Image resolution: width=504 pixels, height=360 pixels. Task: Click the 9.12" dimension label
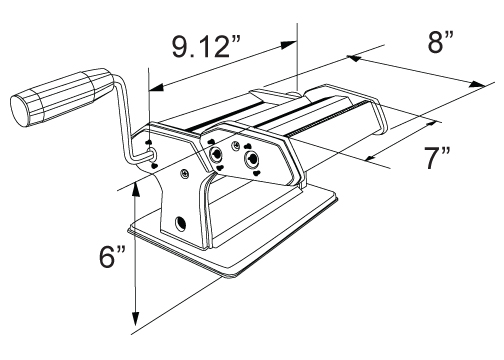(x=206, y=46)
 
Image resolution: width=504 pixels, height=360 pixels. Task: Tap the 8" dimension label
(x=441, y=42)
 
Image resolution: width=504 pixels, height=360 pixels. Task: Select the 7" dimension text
(x=437, y=158)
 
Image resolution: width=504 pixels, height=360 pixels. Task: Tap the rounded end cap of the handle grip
(x=20, y=111)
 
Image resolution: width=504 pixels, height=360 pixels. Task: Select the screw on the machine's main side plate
(x=184, y=173)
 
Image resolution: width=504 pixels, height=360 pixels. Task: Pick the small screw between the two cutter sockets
(x=235, y=145)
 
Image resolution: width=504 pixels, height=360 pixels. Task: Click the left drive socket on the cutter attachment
(x=216, y=154)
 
